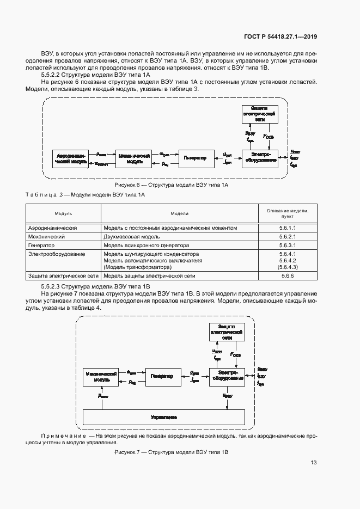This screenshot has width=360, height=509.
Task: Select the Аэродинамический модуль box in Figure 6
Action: pos(71,158)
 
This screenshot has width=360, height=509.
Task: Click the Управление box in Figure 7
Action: pos(163,417)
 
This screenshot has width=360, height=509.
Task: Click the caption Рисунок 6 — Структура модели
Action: pos(170,185)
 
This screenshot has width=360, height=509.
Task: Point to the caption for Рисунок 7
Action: pos(170,452)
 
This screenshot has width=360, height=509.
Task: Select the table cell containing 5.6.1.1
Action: pos(287,228)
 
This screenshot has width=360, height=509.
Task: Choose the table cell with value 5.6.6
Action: pos(287,276)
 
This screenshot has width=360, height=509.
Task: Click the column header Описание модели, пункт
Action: pos(287,213)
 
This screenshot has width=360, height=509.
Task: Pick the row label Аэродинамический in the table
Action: pos(53,228)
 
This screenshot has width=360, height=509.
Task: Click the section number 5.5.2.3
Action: pos(51,286)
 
